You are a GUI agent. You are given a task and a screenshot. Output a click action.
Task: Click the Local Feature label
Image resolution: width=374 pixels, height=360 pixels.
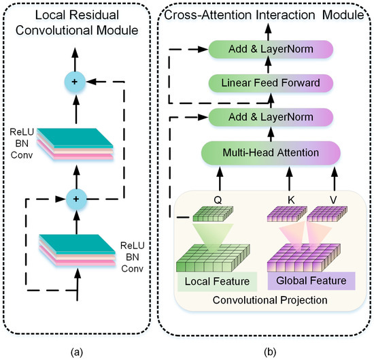pos(212,281)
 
